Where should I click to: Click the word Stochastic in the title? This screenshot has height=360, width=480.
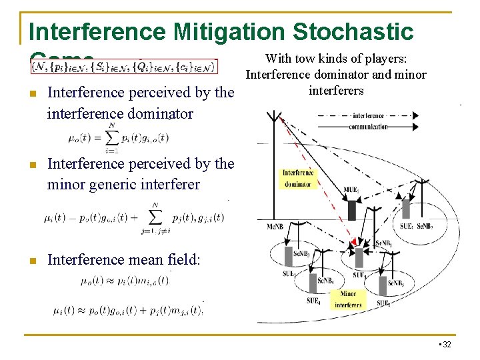(353, 31)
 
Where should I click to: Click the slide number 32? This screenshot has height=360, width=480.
(445, 344)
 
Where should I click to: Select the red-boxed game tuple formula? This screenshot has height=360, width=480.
(124, 67)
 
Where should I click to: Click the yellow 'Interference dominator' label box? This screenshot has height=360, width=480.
(298, 178)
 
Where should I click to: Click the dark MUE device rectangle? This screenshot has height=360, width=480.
(351, 210)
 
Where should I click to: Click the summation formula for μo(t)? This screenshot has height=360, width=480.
(119, 139)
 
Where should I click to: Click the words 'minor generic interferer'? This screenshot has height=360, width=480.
(123, 184)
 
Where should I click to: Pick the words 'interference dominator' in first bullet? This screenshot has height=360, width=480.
(120, 113)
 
